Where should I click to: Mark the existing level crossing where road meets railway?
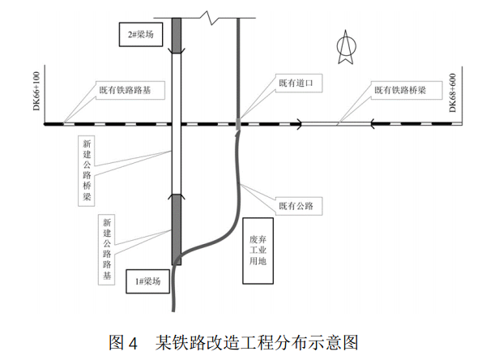click(238, 124)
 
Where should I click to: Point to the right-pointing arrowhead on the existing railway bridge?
click(301, 124)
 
